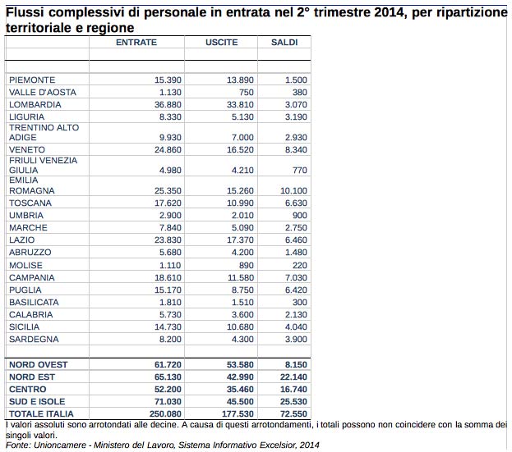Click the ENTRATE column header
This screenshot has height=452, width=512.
click(x=136, y=42)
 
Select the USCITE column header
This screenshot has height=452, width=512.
click(x=222, y=42)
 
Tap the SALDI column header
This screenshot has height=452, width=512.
click(x=284, y=42)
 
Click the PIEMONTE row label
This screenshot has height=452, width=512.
click(x=32, y=80)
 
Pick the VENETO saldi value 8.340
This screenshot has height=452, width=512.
click(x=294, y=150)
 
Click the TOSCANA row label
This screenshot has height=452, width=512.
click(x=30, y=203)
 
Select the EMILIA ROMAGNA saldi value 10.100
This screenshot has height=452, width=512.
click(x=293, y=190)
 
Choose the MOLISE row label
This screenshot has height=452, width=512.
click(x=25, y=266)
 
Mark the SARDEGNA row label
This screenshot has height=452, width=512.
click(x=34, y=339)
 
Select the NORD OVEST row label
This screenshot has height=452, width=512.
click(x=38, y=363)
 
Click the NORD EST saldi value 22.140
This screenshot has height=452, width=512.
click(x=292, y=377)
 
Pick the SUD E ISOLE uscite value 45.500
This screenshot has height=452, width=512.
click(x=238, y=402)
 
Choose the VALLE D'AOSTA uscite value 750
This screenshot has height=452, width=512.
click(x=247, y=92)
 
